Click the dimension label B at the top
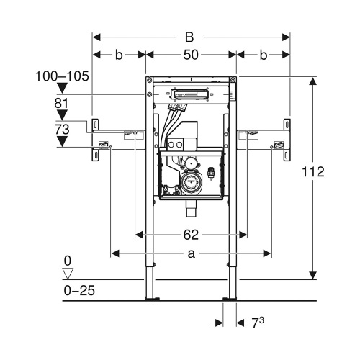(x=190, y=35)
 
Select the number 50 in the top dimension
(x=190, y=54)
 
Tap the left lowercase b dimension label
(x=119, y=54)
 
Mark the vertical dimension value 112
(x=314, y=172)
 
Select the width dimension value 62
(x=190, y=234)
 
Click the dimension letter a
(x=190, y=253)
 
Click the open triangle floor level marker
(x=68, y=273)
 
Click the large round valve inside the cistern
(x=192, y=184)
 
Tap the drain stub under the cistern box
(x=191, y=210)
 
